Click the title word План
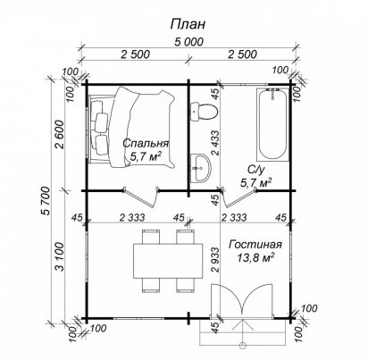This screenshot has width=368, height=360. click(188, 24)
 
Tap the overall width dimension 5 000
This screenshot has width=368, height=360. click(188, 42)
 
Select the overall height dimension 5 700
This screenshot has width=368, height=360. click(46, 201)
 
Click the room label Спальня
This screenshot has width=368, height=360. click(146, 143)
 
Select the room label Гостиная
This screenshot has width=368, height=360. click(255, 245)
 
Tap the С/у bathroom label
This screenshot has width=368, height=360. click(255, 170)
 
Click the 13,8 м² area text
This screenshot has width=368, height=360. click(255, 257)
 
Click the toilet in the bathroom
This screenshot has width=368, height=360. click(204, 112)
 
